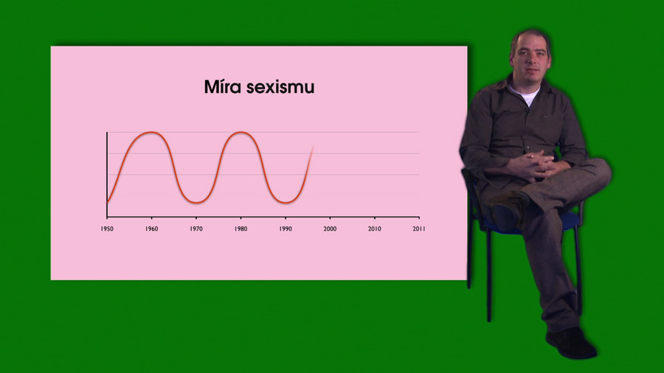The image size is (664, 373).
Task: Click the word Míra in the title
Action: tap(222, 87)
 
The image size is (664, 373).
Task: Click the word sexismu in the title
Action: tap(280, 88)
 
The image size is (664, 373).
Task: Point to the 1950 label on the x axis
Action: tap(107, 229)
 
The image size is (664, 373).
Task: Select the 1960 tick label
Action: tap(151, 229)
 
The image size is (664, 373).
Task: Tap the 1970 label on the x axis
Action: tap(196, 229)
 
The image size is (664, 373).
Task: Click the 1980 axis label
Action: tap(241, 229)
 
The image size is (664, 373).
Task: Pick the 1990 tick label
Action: tap(286, 229)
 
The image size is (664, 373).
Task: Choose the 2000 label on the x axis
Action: tap(330, 229)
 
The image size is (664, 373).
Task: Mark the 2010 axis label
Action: tap(374, 229)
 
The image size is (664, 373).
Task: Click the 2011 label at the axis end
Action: tap(419, 229)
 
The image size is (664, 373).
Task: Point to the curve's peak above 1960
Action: tap(151, 133)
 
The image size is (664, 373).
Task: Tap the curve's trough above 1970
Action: tap(196, 203)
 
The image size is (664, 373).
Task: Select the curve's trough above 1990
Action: tap(286, 203)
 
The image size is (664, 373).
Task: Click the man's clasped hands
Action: tap(533, 165)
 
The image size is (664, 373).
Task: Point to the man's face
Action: tap(530, 58)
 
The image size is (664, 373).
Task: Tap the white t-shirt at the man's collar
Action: tap(527, 95)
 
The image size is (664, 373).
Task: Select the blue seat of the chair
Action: tap(542, 223)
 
